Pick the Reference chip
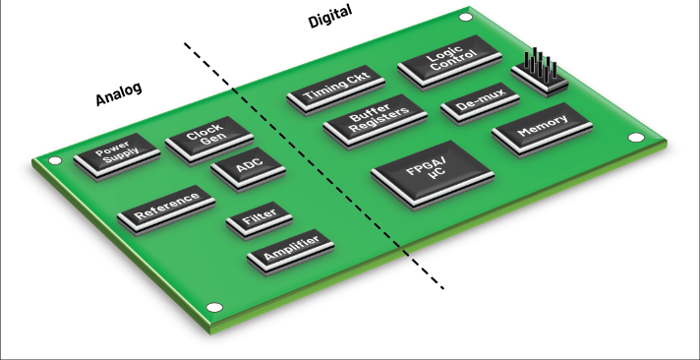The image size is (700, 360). pyautogui.click(x=165, y=209)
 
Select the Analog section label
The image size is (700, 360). pyautogui.click(x=119, y=93)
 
